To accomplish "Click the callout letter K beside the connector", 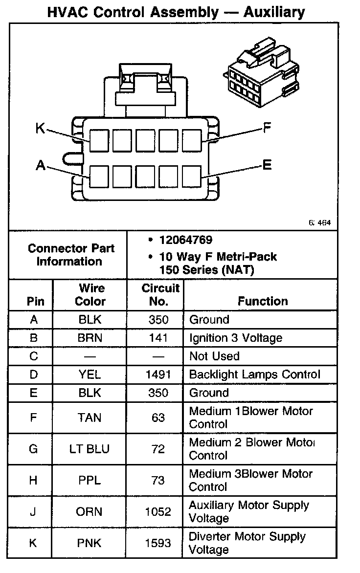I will (x=40, y=129).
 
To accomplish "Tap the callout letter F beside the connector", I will (x=267, y=128).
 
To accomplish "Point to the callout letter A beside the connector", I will (x=41, y=166).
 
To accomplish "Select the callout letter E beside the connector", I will (x=267, y=165).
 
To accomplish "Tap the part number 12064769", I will (x=185, y=240).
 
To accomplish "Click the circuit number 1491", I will (x=158, y=375).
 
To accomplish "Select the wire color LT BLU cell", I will (x=90, y=449).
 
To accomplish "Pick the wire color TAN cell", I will (x=90, y=418).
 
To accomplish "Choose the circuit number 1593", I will (x=158, y=543).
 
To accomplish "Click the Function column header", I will (x=263, y=301).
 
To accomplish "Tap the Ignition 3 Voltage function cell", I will (x=236, y=338).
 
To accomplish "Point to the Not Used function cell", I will (x=214, y=356).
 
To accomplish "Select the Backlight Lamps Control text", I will (x=254, y=375).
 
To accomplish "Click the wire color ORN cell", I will (x=90, y=511).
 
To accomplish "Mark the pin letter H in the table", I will (x=33, y=480).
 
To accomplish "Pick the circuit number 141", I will (x=158, y=338).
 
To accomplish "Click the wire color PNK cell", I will (x=90, y=543).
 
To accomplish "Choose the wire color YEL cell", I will (x=90, y=375).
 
